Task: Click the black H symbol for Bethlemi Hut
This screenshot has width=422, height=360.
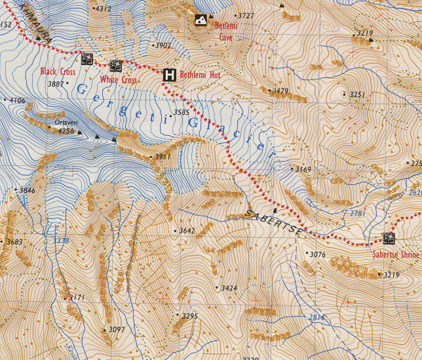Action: point(170,75)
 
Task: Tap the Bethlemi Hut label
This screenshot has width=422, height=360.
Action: point(201,75)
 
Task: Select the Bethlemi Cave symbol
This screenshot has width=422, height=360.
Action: point(201,21)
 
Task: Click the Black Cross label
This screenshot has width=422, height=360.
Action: point(58,71)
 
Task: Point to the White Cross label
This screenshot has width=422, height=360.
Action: point(119,80)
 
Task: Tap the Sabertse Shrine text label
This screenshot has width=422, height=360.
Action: point(395,254)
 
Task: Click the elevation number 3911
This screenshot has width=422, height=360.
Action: point(162,157)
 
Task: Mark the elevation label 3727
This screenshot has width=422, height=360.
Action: point(246,15)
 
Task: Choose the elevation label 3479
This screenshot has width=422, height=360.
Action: point(280,91)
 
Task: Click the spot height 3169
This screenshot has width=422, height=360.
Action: point(303,169)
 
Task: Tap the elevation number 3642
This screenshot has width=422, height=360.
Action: point(187,231)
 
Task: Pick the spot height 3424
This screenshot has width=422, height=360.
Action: point(229,288)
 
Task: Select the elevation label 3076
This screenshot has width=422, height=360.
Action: point(317,254)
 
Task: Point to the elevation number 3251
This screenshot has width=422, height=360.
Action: point(356,95)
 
